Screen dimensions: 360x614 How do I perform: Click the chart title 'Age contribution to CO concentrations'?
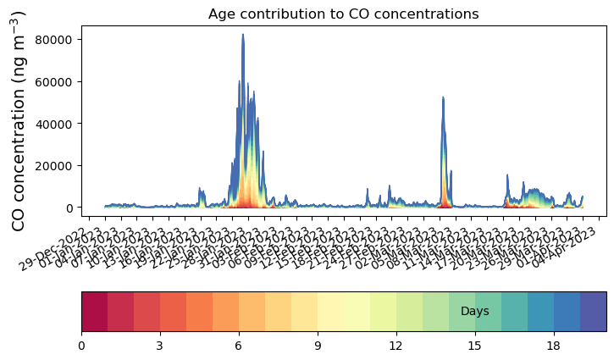pyautogui.click(x=344, y=14)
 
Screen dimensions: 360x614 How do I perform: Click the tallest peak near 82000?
pyautogui.click(x=243, y=36)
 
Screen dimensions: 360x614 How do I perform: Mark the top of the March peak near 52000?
pyautogui.click(x=443, y=98)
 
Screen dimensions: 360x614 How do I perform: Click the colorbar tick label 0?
pyautogui.click(x=81, y=346)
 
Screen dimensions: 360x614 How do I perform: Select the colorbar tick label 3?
pyautogui.click(x=160, y=346)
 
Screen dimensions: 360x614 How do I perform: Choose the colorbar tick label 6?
pyautogui.click(x=239, y=346)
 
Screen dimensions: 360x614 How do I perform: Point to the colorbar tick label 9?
pyautogui.click(x=318, y=346)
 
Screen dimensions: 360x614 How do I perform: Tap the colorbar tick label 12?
pyautogui.click(x=396, y=346)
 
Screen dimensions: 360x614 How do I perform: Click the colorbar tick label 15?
pyautogui.click(x=475, y=346)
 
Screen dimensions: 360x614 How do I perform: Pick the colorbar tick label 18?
pyautogui.click(x=554, y=346)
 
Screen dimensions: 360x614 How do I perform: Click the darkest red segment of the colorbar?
pyautogui.click(x=94, y=312)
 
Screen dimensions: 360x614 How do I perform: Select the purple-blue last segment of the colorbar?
pyautogui.click(x=593, y=312)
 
